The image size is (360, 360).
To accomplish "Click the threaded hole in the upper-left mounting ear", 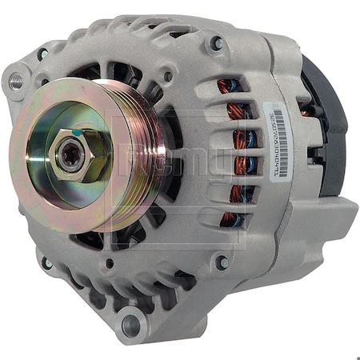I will (16, 80).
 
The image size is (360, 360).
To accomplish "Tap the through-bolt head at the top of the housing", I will (216, 44).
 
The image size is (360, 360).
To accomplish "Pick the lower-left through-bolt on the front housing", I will (47, 262).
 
